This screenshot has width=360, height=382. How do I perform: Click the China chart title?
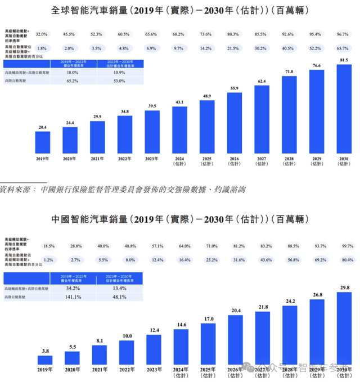click(x=180, y=218)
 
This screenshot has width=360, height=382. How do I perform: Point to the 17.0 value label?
click(x=208, y=319)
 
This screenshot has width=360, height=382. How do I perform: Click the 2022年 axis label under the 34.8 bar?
click(x=125, y=159)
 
